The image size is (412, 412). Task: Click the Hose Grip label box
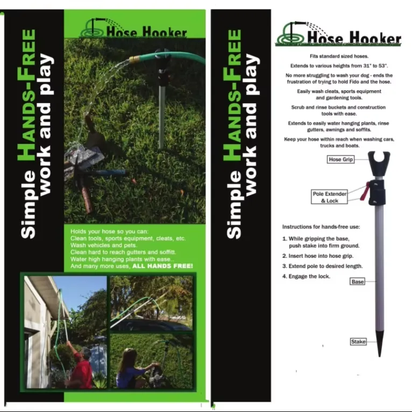click(x=340, y=159)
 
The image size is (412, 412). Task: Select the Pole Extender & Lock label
click(x=329, y=197)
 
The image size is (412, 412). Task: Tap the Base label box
click(x=358, y=281)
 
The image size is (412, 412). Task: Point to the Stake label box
click(x=358, y=342)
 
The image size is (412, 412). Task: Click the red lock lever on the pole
click(x=364, y=192)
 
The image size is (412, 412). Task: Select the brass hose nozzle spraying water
click(x=133, y=59)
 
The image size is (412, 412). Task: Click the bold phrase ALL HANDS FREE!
click(x=162, y=266)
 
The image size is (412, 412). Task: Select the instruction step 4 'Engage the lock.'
click(x=306, y=276)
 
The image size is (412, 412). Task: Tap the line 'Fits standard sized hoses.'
click(x=339, y=56)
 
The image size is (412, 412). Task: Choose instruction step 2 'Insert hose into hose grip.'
click(x=318, y=256)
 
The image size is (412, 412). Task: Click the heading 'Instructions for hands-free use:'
click(x=321, y=227)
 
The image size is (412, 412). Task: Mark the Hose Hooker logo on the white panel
click(x=338, y=34)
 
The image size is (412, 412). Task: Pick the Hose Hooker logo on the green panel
click(x=133, y=28)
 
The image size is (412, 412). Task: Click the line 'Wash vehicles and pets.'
click(x=104, y=245)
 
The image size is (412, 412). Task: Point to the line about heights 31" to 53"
click(x=339, y=66)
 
